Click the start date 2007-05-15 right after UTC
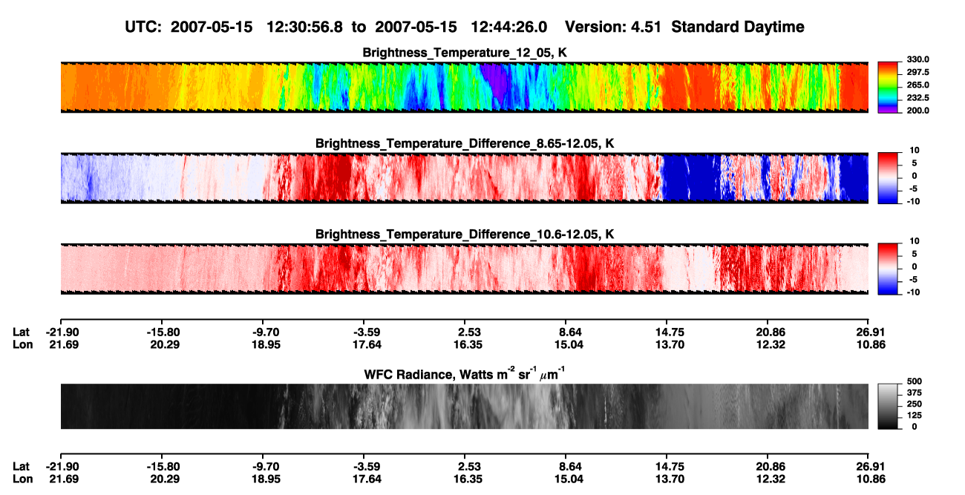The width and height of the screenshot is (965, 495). [211, 27]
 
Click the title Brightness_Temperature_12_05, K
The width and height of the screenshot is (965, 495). [465, 53]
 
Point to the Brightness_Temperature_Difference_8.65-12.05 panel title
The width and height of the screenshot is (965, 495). [465, 143]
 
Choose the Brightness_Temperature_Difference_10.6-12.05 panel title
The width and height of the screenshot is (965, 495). [465, 235]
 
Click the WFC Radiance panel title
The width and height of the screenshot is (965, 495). [465, 374]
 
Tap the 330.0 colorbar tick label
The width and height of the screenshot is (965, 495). [918, 59]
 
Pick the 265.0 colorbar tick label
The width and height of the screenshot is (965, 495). [918, 85]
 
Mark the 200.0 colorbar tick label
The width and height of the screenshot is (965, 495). [918, 111]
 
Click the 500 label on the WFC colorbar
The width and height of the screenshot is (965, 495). [915, 381]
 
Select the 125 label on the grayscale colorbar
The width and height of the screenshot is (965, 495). [915, 416]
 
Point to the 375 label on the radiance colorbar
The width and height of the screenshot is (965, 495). [915, 393]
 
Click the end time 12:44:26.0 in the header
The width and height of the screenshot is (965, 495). [508, 27]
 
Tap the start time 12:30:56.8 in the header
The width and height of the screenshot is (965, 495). [304, 27]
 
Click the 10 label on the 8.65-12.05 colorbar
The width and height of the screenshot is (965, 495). [915, 151]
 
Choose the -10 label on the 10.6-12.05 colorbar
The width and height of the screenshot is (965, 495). [913, 292]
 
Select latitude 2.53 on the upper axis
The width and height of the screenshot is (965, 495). [468, 332]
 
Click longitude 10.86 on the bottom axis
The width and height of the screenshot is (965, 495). [871, 479]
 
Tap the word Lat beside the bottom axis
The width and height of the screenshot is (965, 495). [21, 467]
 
